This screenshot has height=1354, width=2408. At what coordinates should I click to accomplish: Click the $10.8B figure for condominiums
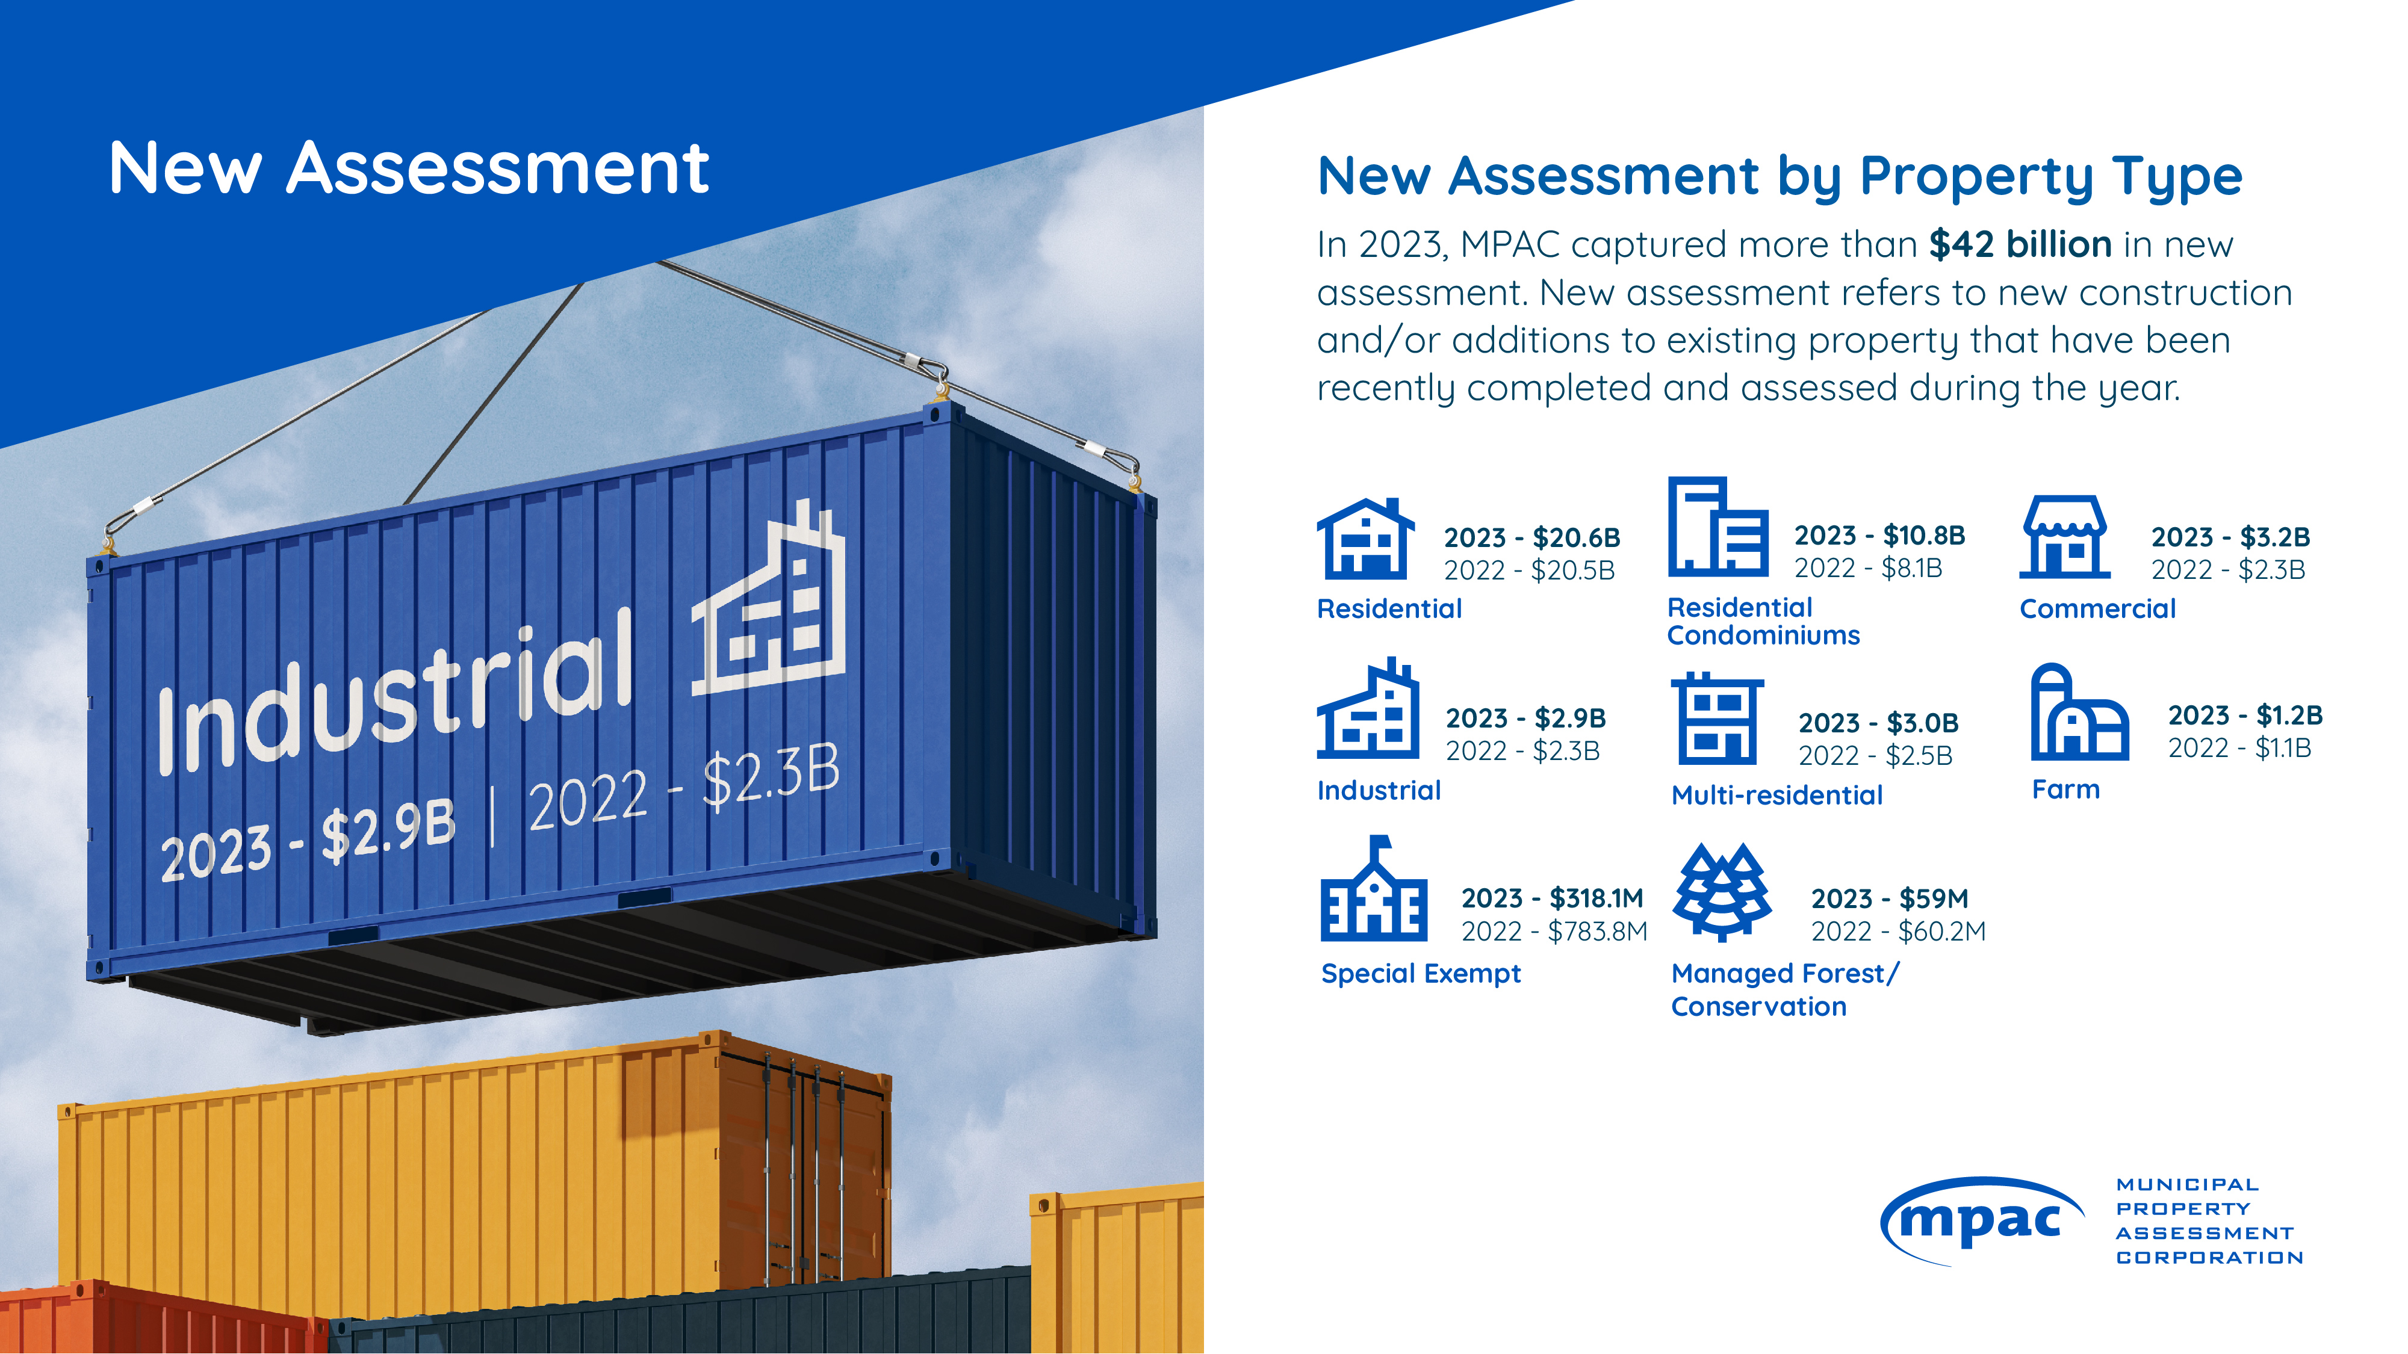click(1924, 536)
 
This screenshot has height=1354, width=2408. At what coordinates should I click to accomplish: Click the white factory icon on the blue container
click(768, 599)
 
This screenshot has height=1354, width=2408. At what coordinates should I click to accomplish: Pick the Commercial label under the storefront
click(2097, 608)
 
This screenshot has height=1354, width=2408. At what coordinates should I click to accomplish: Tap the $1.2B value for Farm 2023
click(2289, 715)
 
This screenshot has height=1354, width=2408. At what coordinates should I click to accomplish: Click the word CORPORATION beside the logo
click(2210, 1258)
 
